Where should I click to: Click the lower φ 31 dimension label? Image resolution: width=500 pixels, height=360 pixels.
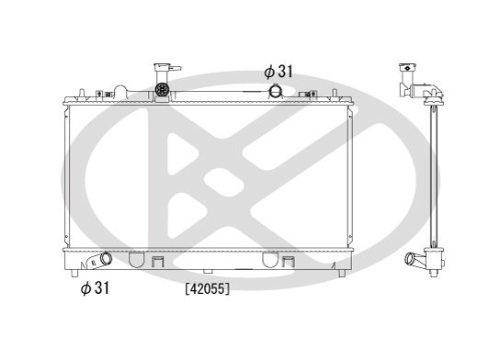[95, 288]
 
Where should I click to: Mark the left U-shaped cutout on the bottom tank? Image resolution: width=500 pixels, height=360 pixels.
[135, 259]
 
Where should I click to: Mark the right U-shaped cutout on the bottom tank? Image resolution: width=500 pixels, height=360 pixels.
[273, 259]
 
